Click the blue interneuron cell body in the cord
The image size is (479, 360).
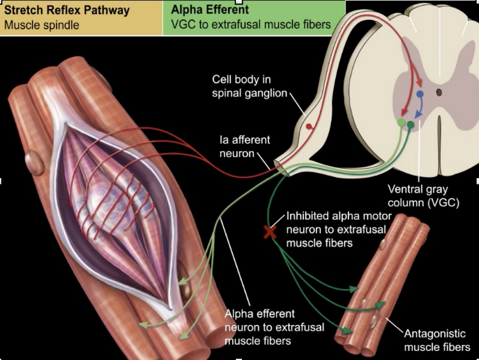pos(420,94)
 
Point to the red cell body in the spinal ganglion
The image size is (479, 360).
pos(309,126)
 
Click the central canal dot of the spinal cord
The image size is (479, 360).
pos(439,93)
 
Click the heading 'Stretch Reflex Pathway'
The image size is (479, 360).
pos(66,10)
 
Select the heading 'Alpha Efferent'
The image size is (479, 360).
pos(210,10)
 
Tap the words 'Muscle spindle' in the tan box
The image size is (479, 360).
pos(41,26)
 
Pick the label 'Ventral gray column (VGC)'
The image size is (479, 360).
pos(424,196)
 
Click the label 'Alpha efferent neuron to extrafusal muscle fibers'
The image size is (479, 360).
pos(274,327)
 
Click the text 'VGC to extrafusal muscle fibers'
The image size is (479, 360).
pos(251,25)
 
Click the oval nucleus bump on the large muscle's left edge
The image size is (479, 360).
pos(32,160)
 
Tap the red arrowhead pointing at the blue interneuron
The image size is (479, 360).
pos(419,85)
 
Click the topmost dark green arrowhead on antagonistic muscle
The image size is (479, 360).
pos(353,289)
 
